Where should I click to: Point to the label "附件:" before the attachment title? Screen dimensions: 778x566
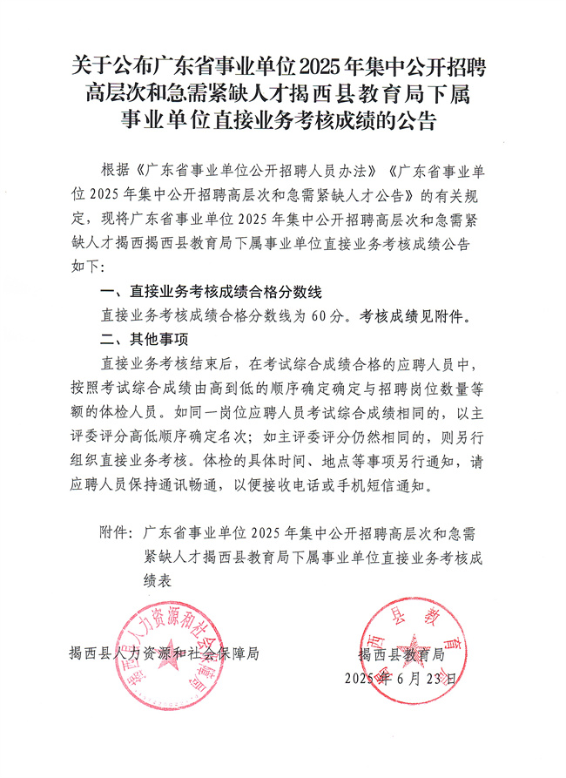[x=117, y=532]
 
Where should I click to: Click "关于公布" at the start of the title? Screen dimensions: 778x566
[x=98, y=65]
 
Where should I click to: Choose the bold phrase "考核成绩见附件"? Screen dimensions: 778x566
[x=414, y=315]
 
